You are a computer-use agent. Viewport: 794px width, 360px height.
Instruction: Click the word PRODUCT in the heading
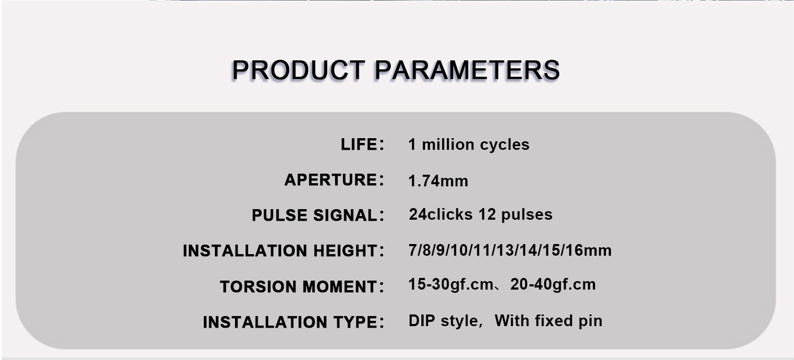[x=299, y=70]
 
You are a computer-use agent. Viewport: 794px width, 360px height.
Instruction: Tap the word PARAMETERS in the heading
[x=467, y=70]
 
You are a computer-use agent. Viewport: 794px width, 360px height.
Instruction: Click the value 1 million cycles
[x=468, y=145]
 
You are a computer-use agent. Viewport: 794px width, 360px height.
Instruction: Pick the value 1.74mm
[x=438, y=181]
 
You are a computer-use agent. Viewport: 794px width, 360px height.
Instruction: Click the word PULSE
[x=279, y=215]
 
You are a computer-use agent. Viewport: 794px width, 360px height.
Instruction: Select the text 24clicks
[x=440, y=214]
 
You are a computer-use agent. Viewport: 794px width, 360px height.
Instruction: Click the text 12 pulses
[x=516, y=214]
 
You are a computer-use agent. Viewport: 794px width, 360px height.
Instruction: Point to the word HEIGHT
[x=345, y=251]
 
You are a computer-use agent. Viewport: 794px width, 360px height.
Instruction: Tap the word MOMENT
[x=340, y=286]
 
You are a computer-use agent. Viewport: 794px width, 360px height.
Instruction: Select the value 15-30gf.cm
[x=450, y=284]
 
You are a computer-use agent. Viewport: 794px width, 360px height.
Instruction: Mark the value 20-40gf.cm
[x=553, y=284]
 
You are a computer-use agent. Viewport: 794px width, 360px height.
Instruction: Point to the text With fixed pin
[x=548, y=321]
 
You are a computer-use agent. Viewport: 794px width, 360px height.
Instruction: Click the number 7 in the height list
[x=412, y=250]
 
